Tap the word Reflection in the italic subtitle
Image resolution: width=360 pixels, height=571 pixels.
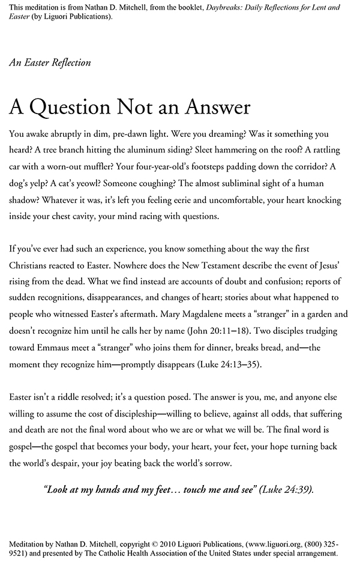click(x=68, y=62)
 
